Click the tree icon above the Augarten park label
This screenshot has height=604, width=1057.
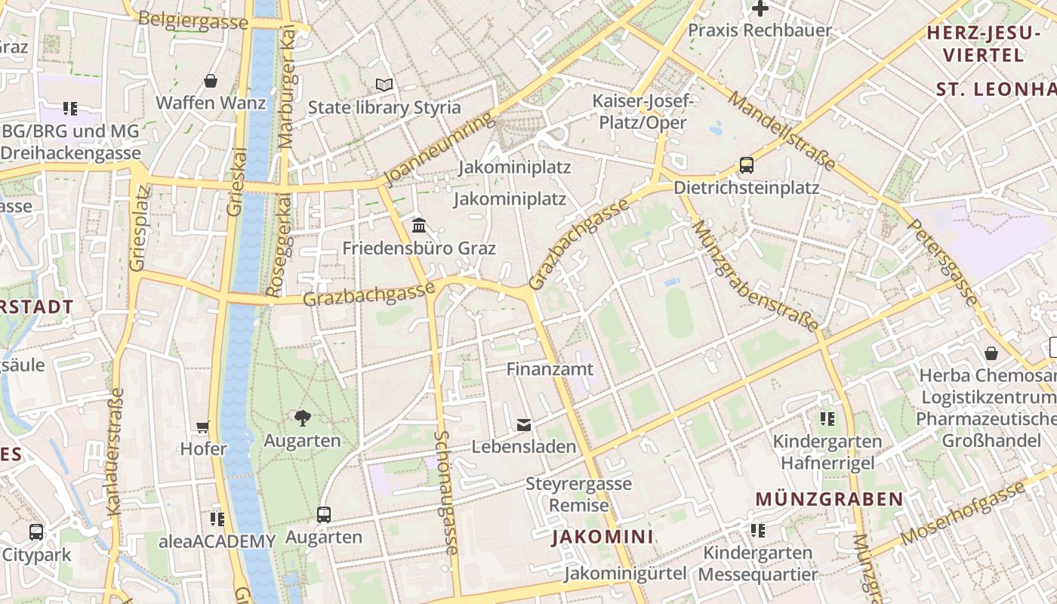302,418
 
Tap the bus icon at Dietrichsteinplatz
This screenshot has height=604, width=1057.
746,165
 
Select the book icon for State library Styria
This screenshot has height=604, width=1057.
384,85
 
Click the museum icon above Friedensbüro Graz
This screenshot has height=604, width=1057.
419,225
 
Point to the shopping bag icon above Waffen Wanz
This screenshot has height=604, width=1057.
211,81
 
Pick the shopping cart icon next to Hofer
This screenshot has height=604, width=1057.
202,427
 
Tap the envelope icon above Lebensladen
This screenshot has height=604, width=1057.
524,425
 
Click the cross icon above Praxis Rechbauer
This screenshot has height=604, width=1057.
760,9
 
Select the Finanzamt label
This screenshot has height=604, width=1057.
550,370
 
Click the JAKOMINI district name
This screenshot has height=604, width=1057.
602,538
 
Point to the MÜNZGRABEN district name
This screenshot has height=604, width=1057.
829,499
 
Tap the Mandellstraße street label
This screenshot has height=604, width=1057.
782,130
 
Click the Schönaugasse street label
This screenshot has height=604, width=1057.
447,492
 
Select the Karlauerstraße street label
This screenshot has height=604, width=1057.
116,451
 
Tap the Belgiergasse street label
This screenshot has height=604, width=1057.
193,21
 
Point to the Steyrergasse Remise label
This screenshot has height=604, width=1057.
578,494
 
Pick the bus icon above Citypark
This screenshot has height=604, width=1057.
35,532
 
